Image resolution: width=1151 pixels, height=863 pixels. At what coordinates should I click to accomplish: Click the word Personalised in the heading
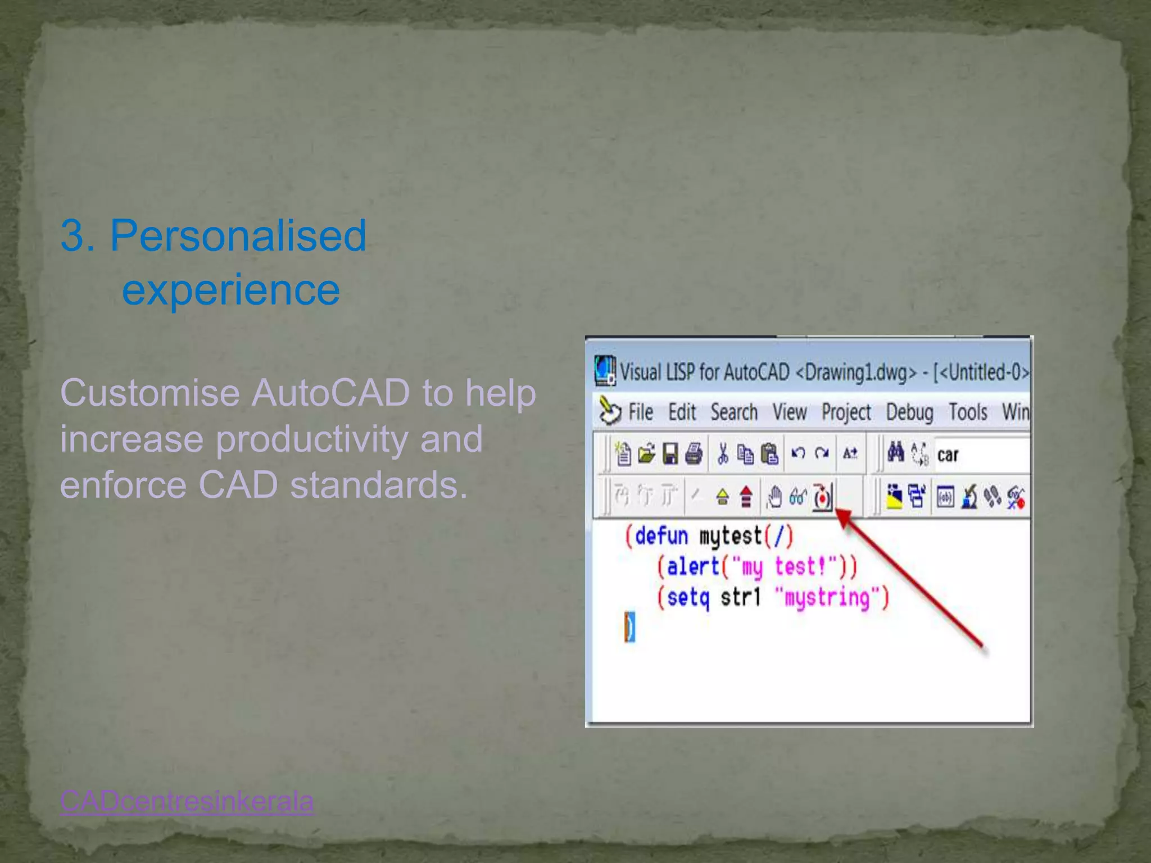(x=238, y=236)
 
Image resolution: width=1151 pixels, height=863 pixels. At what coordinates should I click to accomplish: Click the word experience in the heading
(x=230, y=290)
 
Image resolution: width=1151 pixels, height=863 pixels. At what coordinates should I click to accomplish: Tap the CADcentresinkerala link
(x=187, y=801)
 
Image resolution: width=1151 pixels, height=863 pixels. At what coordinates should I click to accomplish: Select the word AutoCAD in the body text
(x=330, y=393)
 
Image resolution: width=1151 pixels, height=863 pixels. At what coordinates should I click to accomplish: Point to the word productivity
(x=312, y=439)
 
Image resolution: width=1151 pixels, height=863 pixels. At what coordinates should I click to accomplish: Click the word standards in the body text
(x=378, y=485)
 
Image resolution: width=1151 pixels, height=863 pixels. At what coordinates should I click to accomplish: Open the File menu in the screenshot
(x=640, y=412)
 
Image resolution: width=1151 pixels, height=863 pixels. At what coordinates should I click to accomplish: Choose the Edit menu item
(x=682, y=412)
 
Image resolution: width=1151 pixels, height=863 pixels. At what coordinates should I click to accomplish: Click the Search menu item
(x=733, y=412)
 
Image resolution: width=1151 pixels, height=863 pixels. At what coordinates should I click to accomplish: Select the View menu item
(x=789, y=412)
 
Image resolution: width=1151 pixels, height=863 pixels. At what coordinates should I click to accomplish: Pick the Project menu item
(x=846, y=412)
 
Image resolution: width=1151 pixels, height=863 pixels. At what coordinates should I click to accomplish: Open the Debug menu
(x=909, y=412)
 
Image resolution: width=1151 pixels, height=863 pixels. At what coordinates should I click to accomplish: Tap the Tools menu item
(x=968, y=412)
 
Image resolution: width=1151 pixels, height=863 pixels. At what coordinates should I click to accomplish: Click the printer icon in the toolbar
(x=694, y=453)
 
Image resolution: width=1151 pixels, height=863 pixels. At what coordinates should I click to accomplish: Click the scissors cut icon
(x=723, y=453)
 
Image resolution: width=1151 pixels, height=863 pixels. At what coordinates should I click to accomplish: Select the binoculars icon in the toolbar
(x=895, y=452)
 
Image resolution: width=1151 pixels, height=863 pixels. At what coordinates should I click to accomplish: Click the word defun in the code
(x=661, y=536)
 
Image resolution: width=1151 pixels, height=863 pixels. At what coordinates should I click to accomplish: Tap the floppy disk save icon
(x=670, y=453)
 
